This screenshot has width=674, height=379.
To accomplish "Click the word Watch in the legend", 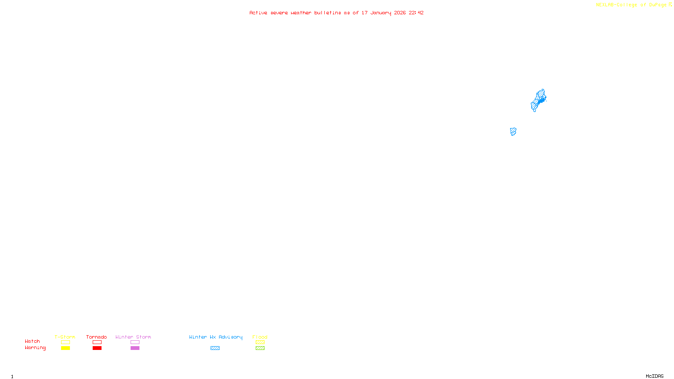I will (x=32, y=341).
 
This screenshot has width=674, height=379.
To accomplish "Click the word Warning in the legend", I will (x=35, y=348).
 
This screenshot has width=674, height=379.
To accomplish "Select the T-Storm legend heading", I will (x=65, y=337).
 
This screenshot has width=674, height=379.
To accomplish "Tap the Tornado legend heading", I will (x=96, y=337).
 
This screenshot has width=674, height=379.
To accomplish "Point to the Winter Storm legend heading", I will (x=133, y=337).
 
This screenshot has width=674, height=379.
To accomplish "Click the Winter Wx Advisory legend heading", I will (x=216, y=337).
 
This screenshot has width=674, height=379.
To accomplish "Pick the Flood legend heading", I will (x=260, y=337).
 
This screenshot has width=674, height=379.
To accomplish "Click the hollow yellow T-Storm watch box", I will (x=65, y=342).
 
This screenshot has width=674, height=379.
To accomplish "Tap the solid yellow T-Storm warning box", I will (x=65, y=348).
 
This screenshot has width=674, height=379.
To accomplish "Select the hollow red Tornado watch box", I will (x=97, y=342).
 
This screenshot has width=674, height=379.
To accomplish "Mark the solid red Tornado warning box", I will (x=97, y=348).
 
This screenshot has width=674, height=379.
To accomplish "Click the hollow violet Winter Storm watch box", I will (x=135, y=342).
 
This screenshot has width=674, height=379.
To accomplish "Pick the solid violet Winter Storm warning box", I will (x=135, y=348).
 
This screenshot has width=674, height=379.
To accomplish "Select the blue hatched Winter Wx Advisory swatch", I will (x=215, y=348).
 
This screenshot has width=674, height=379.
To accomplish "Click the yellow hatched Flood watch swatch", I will (x=260, y=342).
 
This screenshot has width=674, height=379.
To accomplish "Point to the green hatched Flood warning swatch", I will (x=260, y=348).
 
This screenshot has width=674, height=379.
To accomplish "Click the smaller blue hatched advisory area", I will (x=513, y=131).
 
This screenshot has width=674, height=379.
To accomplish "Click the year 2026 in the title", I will (x=400, y=13).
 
